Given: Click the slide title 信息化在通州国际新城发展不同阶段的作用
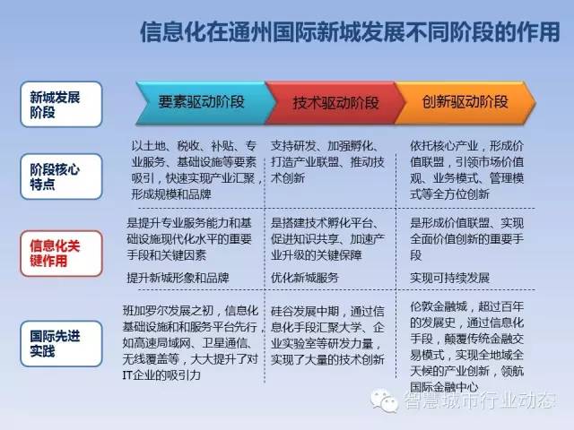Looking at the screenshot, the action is point(350,32).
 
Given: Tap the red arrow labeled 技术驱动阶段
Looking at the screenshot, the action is point(335,103).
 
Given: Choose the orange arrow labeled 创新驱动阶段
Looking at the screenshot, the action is point(465,102).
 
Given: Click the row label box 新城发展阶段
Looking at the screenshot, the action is point(61,104).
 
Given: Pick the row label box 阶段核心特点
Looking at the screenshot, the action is point(61,176).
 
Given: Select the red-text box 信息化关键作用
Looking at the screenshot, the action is point(61,253).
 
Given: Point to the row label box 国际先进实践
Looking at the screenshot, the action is point(61,343).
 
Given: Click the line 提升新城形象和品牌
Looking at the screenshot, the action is point(178,278).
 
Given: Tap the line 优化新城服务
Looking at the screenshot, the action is point(305,278).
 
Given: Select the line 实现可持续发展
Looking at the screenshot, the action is point(449,278).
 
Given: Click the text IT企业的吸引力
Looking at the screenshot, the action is point(161,374).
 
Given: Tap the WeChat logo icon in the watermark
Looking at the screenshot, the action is point(384,400).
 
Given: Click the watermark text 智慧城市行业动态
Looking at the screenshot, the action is point(480,400).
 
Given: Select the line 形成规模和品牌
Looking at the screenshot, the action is point(171,193).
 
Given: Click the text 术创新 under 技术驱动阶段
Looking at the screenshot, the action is point(288,178).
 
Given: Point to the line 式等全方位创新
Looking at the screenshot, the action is point(449,193).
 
